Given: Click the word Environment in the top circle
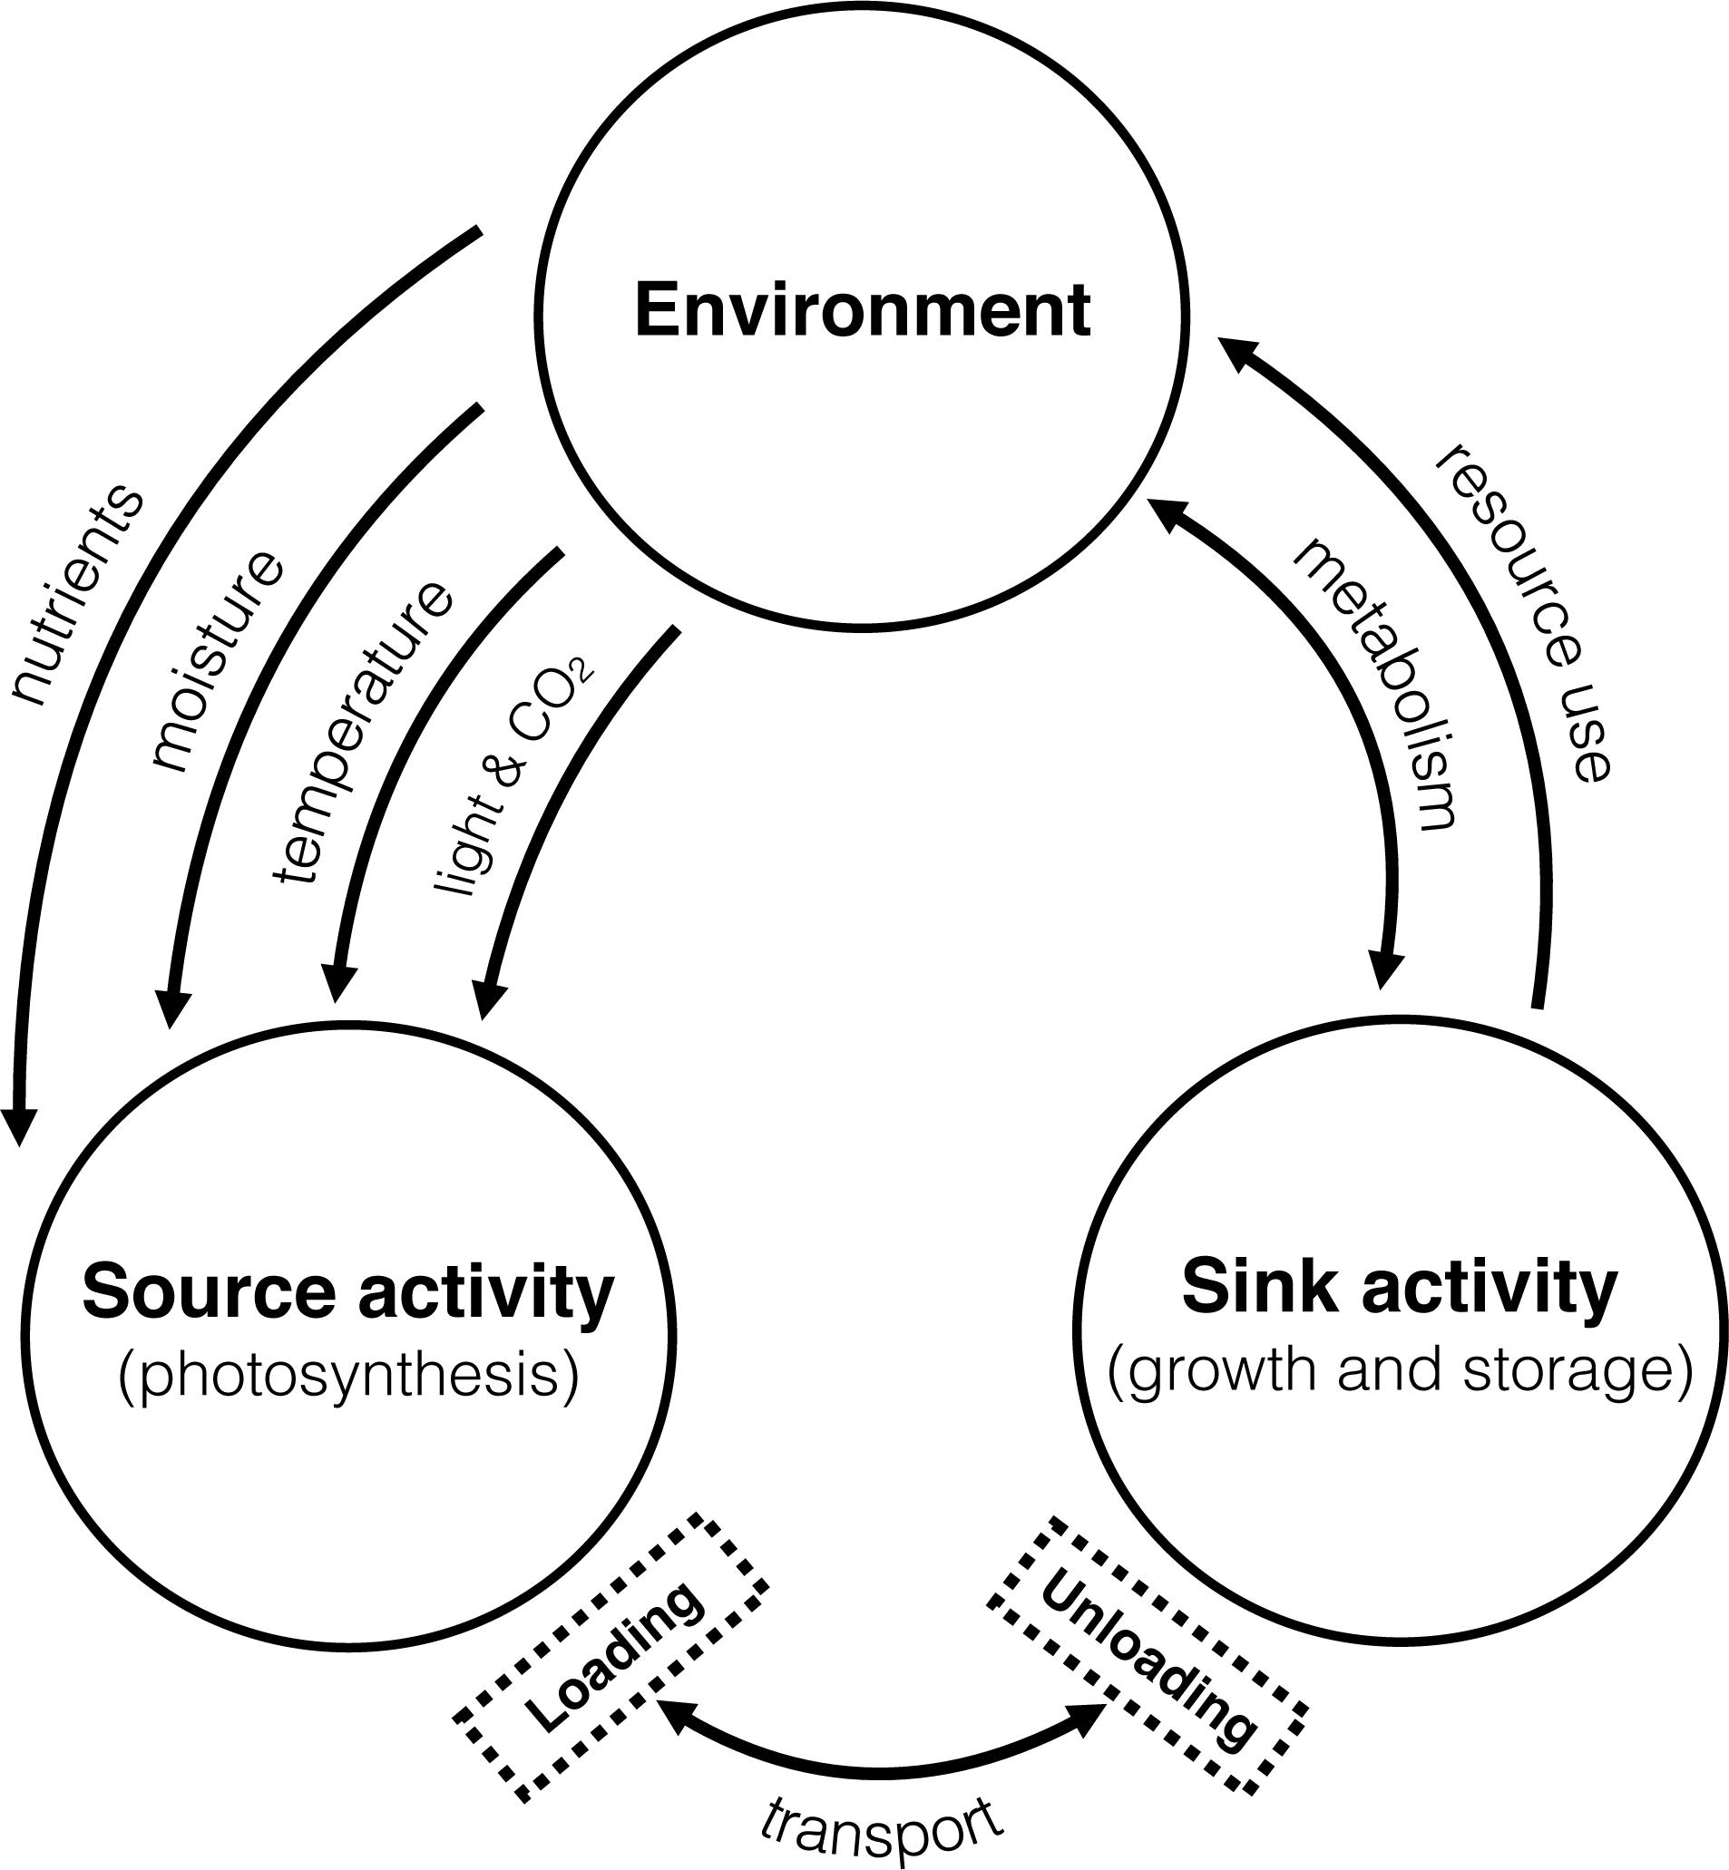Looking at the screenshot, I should click(x=863, y=311).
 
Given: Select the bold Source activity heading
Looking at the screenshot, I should click(x=348, y=1292).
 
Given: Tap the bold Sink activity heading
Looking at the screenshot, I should click(x=1399, y=1288).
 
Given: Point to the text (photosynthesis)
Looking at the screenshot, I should click(x=348, y=1376).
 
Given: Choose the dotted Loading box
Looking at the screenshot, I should click(x=612, y=1656).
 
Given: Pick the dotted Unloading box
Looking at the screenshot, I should click(x=1147, y=1656).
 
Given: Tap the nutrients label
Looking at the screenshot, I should click(x=79, y=595).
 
